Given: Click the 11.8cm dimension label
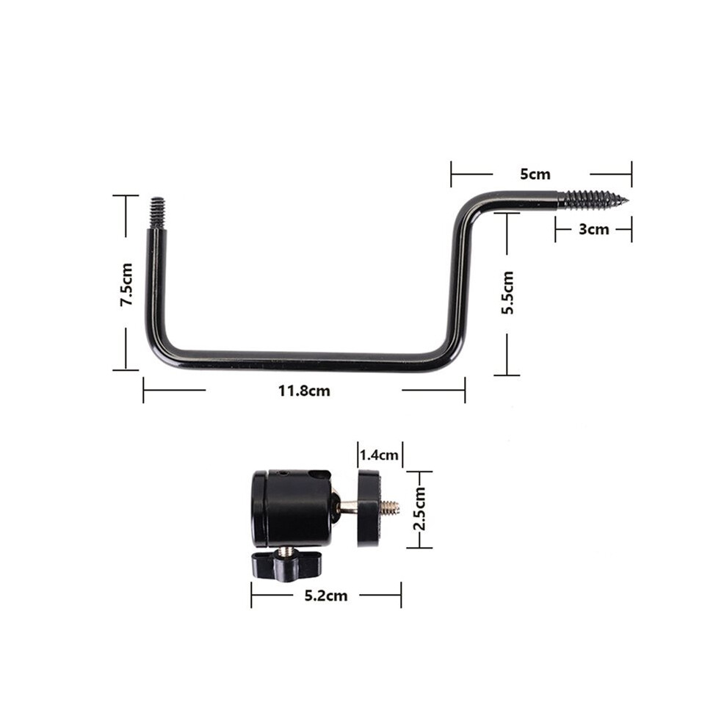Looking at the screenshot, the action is (304, 391).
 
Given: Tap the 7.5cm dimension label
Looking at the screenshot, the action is (126, 284).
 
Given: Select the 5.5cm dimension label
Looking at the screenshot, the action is (507, 292).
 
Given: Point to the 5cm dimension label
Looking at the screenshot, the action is (535, 174).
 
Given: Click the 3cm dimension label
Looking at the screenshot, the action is (593, 229).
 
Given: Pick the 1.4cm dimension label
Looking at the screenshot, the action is (379, 455).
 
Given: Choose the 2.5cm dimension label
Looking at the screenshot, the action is (419, 509).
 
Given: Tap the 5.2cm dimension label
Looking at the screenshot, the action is (326, 596).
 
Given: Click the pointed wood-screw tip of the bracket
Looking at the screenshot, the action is (627, 200).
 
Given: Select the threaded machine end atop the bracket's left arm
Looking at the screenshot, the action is (158, 213).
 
